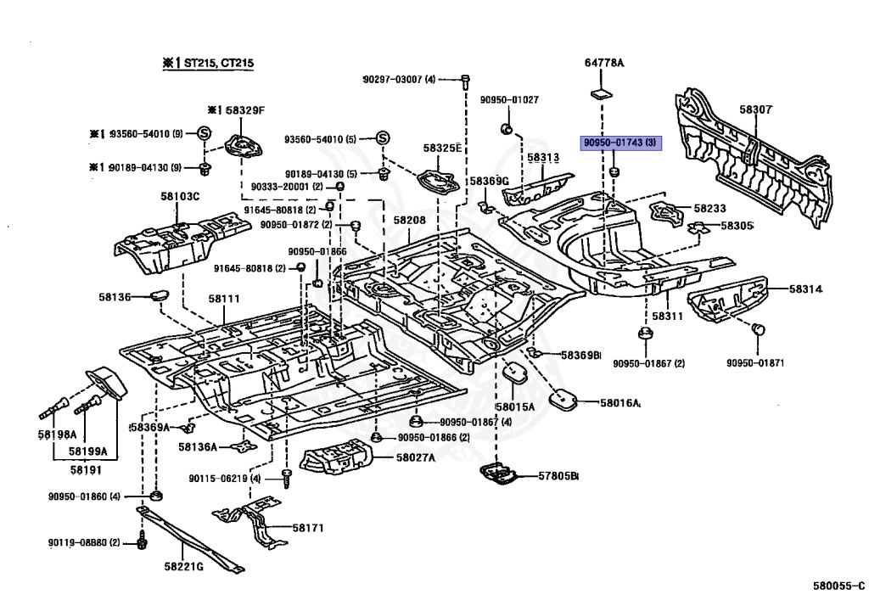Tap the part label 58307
755,109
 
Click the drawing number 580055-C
838,585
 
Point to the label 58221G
183,566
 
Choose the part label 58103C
180,197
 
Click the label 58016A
620,403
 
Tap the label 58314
806,289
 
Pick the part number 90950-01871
755,363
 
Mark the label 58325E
444,149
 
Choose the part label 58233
709,207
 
